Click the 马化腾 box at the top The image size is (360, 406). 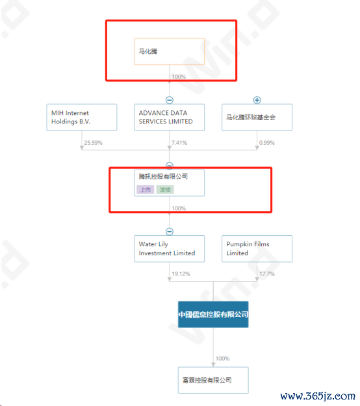pyautogui.click(x=169, y=51)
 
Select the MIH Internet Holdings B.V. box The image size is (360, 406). pyautogui.click(x=82, y=118)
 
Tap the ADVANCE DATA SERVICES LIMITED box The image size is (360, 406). pyautogui.click(x=169, y=118)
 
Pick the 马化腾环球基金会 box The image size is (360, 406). pyautogui.click(x=257, y=118)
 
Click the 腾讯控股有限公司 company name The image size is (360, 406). pyautogui.click(x=163, y=177)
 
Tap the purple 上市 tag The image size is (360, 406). pyautogui.click(x=146, y=190)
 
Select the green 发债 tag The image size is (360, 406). pyautogui.click(x=165, y=190)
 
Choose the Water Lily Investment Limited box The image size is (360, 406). pyautogui.click(x=169, y=249)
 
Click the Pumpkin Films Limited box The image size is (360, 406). pyautogui.click(x=257, y=249)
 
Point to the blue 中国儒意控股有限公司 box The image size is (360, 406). pyautogui.click(x=213, y=314)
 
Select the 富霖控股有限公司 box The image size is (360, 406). pyautogui.click(x=213, y=380)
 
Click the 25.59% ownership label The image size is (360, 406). pyautogui.click(x=93, y=143)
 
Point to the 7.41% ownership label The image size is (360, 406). pyautogui.click(x=179, y=143)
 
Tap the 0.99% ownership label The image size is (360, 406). pyautogui.click(x=267, y=143)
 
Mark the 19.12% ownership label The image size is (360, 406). pyautogui.click(x=181, y=274)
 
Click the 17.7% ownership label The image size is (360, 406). pyautogui.click(x=267, y=274)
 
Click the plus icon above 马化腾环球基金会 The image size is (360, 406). pyautogui.click(x=257, y=100)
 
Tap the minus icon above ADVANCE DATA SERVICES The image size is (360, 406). pyautogui.click(x=170, y=100)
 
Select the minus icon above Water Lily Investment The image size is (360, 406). pyautogui.click(x=170, y=231)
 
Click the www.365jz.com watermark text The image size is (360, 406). pyautogui.click(x=318, y=396)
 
